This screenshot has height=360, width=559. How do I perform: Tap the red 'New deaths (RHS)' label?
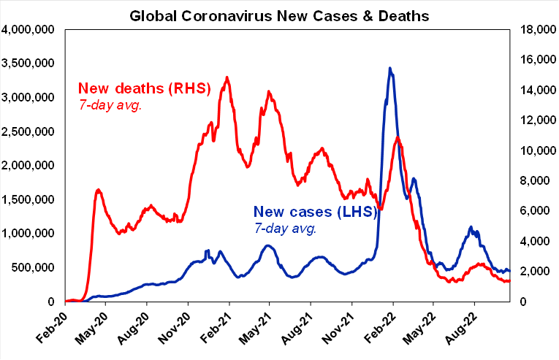[x=144, y=89]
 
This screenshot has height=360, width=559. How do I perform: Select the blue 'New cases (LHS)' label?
[x=315, y=213]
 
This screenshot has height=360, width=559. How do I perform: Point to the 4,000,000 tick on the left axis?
[x=31, y=30]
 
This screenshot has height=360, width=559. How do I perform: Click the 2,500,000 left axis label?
[x=31, y=131]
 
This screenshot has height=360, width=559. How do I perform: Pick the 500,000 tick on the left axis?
[x=37, y=267]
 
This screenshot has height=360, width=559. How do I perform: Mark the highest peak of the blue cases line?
[x=390, y=69]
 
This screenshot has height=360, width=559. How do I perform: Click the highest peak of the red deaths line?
[x=227, y=77]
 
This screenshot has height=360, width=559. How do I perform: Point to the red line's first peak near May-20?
[x=98, y=190]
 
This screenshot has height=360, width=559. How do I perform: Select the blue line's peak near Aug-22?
[x=471, y=227]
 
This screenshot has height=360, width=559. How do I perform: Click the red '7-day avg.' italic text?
[x=109, y=105]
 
